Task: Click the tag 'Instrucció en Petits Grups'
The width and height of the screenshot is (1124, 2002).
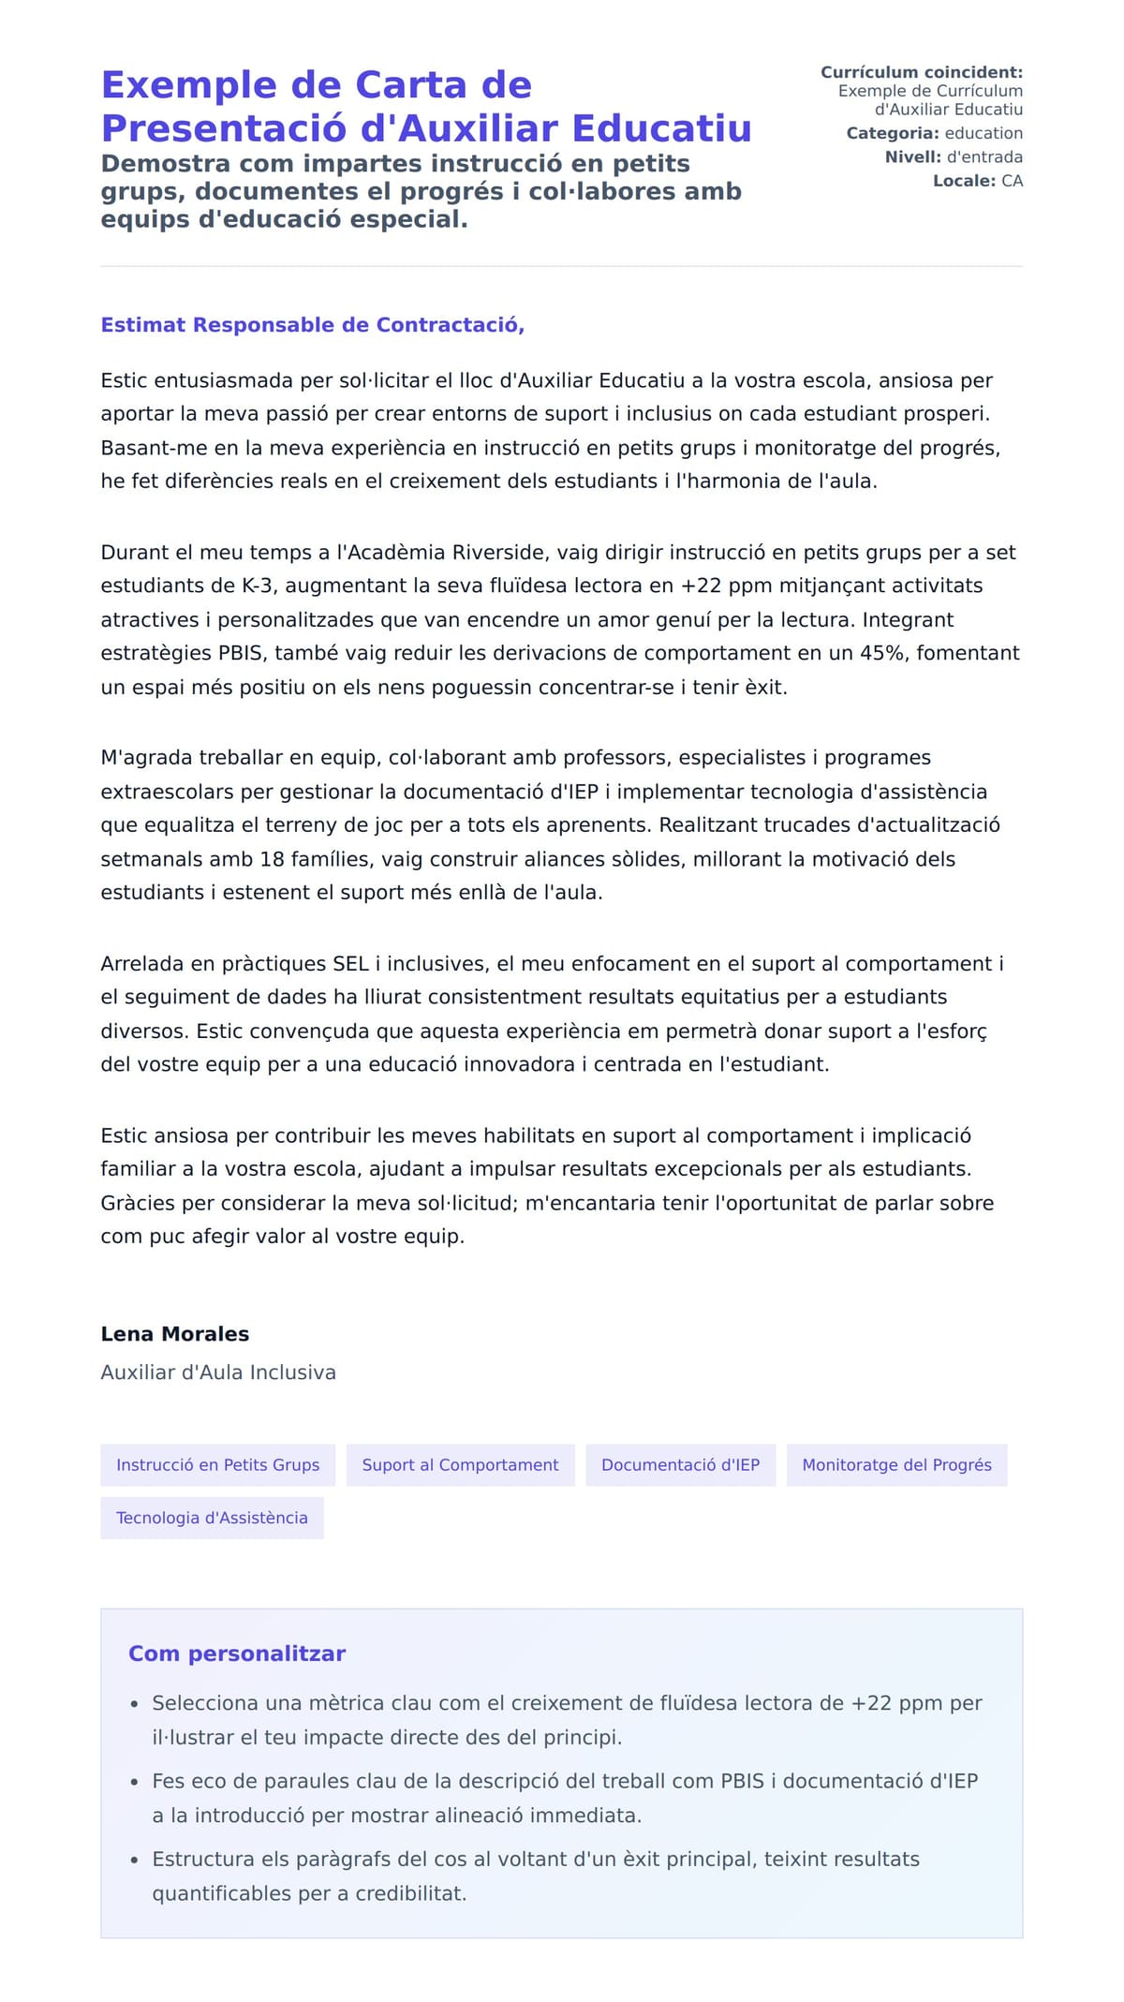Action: coord(217,1464)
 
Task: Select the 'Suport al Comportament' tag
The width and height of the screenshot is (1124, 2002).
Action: coord(460,1464)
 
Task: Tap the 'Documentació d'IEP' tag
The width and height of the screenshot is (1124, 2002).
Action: coord(680,1464)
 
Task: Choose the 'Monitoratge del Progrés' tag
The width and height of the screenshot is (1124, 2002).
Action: coord(896,1464)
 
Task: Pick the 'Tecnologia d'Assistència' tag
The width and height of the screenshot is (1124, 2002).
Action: coord(212,1518)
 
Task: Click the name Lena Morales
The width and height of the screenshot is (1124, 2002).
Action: coord(175,1333)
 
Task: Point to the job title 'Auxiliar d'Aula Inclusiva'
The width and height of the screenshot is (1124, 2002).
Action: coord(218,1372)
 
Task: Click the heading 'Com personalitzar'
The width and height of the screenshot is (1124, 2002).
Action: coord(237,1654)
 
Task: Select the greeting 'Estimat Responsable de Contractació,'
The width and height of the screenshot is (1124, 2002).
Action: coord(312,325)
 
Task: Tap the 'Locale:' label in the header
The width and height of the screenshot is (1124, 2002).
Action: coord(964,181)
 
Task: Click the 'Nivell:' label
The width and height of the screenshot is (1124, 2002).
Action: coord(912,157)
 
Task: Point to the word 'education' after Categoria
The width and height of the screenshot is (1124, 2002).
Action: coord(983,133)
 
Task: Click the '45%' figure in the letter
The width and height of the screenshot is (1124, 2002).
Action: coord(884,653)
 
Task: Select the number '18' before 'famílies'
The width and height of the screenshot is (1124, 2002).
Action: coord(272,859)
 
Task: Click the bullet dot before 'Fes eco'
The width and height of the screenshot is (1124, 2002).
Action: coord(135,1783)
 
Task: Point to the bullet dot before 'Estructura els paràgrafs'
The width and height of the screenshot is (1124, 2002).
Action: coord(135,1861)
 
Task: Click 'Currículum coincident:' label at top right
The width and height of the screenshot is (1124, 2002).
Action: coord(921,72)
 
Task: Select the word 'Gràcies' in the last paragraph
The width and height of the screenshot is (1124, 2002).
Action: coord(137,1203)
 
